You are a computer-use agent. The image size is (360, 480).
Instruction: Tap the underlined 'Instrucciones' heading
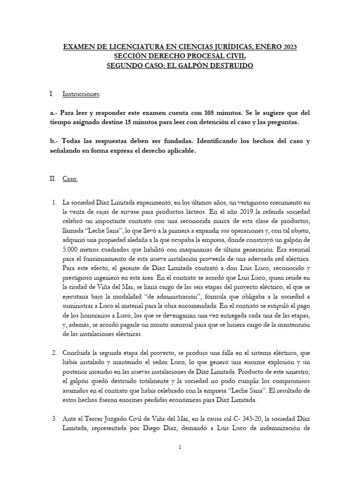coord(81,94)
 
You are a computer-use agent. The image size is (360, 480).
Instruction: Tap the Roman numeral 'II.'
coord(53,179)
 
